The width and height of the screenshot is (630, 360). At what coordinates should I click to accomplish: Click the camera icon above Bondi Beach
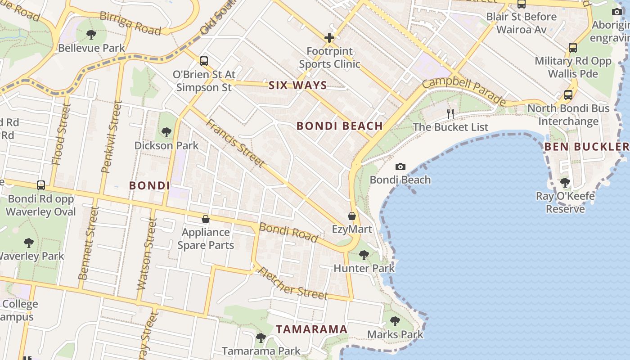(x=400, y=167)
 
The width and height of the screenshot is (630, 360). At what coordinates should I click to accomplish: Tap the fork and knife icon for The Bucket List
(x=450, y=113)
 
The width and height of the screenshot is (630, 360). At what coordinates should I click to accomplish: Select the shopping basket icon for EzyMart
(x=352, y=216)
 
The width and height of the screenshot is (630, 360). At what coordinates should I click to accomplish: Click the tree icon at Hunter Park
(x=364, y=255)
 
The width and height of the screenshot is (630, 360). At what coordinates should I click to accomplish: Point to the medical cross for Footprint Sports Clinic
(x=329, y=38)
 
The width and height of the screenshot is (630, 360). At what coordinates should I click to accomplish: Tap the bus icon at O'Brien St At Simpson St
(x=204, y=61)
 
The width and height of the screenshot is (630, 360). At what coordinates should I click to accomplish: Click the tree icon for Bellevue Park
(x=91, y=34)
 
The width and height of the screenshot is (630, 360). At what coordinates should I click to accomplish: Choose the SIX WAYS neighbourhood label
(x=298, y=85)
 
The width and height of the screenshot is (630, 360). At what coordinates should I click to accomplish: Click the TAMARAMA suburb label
(x=312, y=329)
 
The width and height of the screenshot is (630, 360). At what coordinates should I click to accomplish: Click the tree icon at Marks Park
(x=395, y=321)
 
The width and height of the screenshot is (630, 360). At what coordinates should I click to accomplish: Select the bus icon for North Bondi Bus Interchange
(x=568, y=95)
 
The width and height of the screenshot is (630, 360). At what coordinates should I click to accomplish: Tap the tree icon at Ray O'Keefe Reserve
(x=565, y=183)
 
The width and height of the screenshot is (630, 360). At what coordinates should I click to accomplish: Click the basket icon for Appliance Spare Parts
(x=206, y=219)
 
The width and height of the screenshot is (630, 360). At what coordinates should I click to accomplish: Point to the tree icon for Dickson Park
(x=166, y=132)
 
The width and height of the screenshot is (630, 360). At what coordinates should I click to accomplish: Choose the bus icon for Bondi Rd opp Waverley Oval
(x=41, y=185)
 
